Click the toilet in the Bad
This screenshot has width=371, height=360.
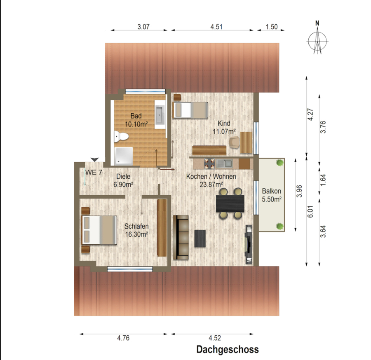pos(121,136)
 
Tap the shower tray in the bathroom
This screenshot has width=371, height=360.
pos(124,156)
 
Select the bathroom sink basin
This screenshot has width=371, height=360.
pos(160,115)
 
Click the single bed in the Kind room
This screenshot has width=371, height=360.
pos(190,110)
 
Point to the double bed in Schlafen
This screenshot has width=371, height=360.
pos(99,230)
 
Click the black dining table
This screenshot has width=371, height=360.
pos(230,203)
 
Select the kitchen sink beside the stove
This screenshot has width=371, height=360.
pos(224,164)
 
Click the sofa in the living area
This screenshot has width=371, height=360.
pos(181,237)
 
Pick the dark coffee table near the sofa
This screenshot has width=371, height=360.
pos(200,238)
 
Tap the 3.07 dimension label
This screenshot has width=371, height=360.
pos(143,27)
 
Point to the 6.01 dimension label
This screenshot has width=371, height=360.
pos(311,212)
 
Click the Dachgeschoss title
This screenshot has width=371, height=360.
pos(228,349)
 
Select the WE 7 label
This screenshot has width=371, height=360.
pos(94,172)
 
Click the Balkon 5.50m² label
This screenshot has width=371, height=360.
pos(272,195)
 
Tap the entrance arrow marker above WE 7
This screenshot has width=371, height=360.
pos(95,160)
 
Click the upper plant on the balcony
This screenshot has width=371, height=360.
pos(280,163)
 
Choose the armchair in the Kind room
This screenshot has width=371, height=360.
pos(235,143)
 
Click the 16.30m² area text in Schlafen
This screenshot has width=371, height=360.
pos(136,234)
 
